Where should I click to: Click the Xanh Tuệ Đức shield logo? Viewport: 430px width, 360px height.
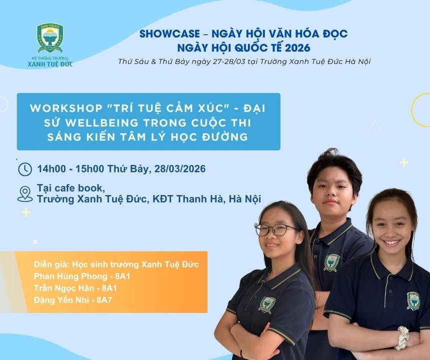[50, 37]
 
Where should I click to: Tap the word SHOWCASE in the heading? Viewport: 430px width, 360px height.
[170, 33]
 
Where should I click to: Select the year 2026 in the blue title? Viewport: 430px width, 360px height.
[297, 48]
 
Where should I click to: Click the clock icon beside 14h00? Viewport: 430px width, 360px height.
[25, 169]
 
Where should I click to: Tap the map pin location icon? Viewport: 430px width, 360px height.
[25, 193]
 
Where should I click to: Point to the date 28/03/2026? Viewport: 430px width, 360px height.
[180, 169]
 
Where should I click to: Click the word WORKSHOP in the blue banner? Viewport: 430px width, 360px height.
[66, 108]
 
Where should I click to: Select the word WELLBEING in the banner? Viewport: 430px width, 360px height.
[102, 122]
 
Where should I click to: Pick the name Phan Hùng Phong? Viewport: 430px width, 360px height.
[71, 276]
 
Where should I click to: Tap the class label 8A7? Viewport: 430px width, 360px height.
[104, 300]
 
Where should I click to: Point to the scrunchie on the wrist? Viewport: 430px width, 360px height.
[402, 338]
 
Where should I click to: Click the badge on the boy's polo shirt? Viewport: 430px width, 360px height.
[331, 262]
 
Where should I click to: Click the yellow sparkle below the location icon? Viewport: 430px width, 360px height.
[26, 212]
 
